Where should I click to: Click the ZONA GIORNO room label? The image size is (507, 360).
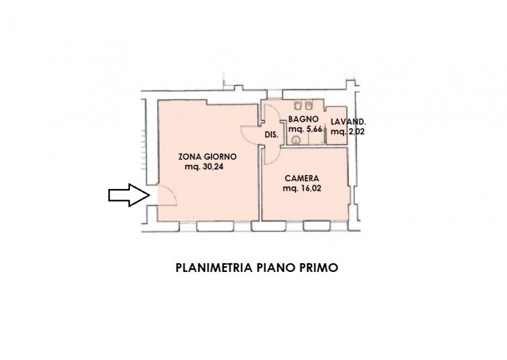pos(207,156)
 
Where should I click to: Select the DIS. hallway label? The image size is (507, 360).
pos(271,134)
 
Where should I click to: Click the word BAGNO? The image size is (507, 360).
pos(302,119)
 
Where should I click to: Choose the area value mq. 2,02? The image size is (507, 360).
pos(349,132)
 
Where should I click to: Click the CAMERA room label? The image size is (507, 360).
pos(301,178)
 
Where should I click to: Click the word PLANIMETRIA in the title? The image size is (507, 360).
pos(214,268)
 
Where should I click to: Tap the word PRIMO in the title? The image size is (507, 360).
pos(321,268)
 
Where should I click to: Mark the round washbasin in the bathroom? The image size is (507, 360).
pos(296,141)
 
